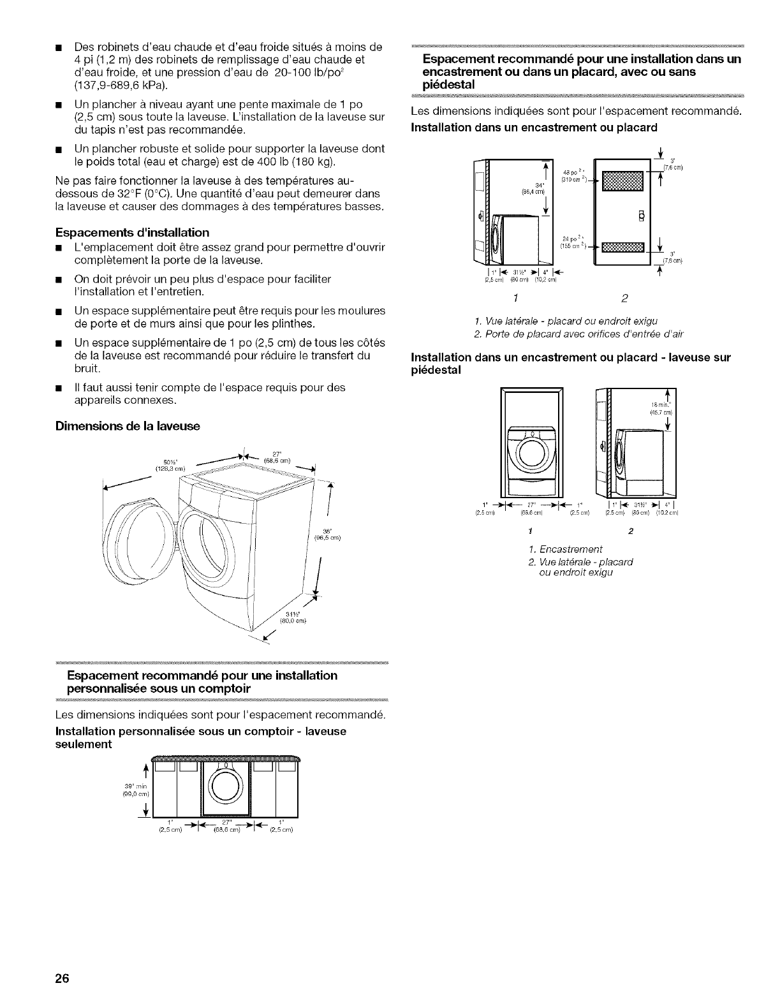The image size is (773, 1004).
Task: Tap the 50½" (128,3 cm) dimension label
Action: [x=169, y=464]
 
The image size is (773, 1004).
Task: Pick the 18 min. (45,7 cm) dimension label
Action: [x=658, y=408]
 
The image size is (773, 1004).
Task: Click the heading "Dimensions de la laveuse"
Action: [x=128, y=426]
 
